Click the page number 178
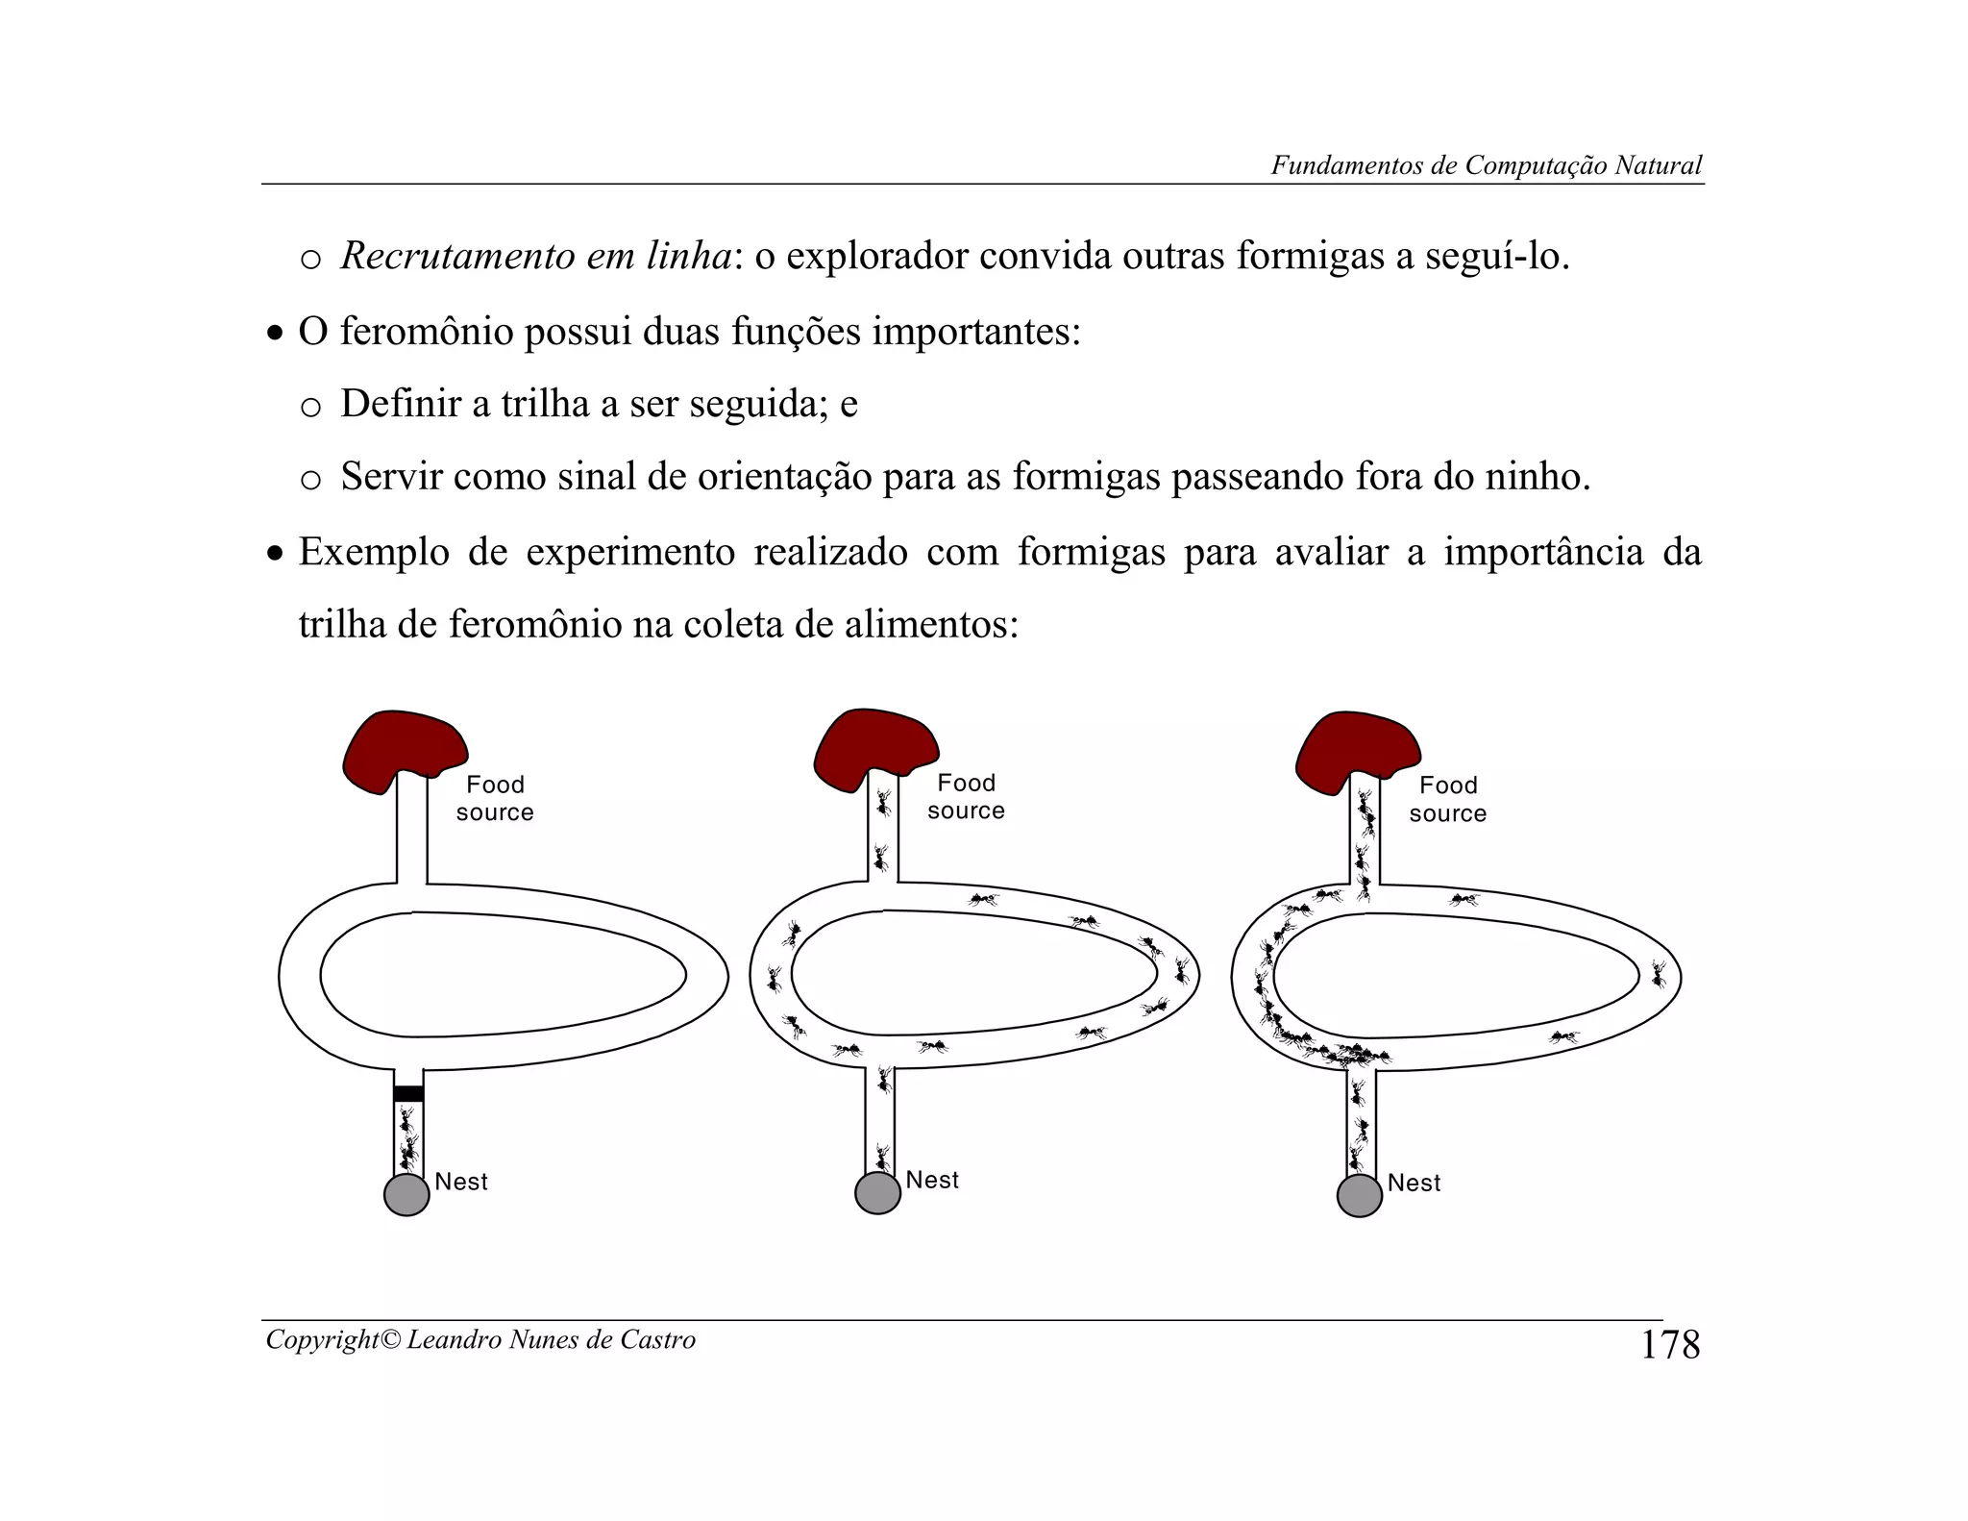coord(1669,1344)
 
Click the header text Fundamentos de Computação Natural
coord(1486,165)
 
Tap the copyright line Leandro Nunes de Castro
coord(480,1339)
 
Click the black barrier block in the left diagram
coord(408,1093)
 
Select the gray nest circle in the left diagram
coord(406,1194)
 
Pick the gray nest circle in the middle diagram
coord(877,1192)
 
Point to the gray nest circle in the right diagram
coord(1359,1195)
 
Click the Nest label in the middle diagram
coord(932,1180)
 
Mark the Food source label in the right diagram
coord(1448,799)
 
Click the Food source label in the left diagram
coord(495,798)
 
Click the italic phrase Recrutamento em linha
coord(536,256)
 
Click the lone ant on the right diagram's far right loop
coord(1659,973)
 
